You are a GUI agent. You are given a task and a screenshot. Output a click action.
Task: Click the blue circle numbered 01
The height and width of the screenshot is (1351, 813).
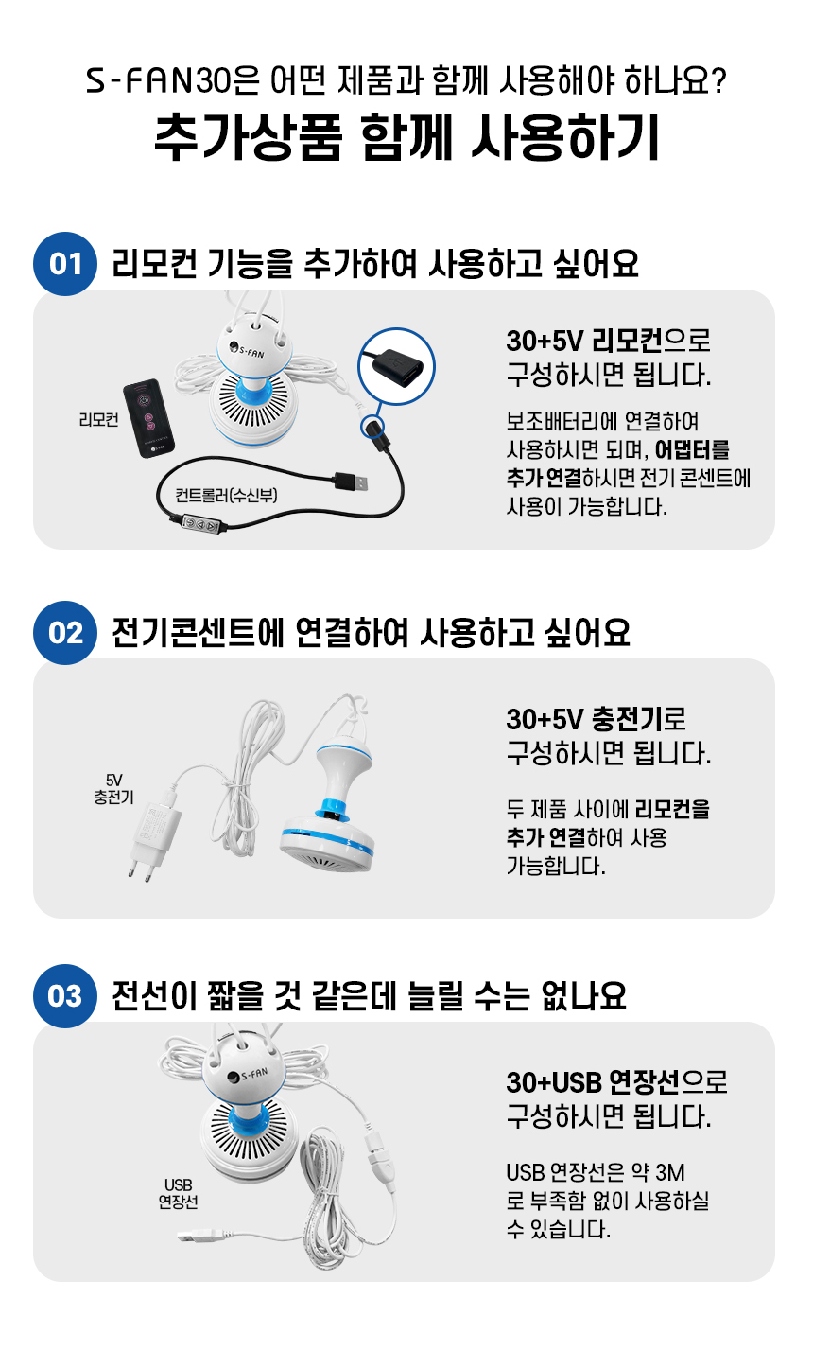pyautogui.click(x=65, y=264)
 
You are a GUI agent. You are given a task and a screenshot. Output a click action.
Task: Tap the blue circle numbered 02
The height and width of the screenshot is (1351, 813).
pyautogui.click(x=65, y=633)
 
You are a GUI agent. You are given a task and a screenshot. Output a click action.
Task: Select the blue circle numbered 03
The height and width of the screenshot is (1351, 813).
pyautogui.click(x=65, y=996)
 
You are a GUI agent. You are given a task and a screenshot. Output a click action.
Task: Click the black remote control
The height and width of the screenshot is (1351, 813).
pyautogui.click(x=148, y=418)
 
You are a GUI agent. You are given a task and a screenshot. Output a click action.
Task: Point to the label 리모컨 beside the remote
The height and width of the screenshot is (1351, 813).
pyautogui.click(x=99, y=419)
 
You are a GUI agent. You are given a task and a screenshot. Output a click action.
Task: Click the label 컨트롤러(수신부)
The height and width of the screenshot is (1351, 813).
pyautogui.click(x=226, y=495)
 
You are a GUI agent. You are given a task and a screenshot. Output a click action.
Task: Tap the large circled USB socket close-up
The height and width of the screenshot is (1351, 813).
pyautogui.click(x=396, y=366)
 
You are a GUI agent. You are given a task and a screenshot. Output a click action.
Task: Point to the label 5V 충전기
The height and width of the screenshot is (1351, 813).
pyautogui.click(x=113, y=788)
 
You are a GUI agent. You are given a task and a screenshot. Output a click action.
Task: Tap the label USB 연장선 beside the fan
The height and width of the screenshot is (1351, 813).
pyautogui.click(x=179, y=1194)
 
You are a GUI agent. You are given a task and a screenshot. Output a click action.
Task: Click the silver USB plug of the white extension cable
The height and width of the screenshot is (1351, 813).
pyautogui.click(x=194, y=1237)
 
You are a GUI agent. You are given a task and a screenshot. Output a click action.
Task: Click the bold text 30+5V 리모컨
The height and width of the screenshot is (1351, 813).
pyautogui.click(x=584, y=341)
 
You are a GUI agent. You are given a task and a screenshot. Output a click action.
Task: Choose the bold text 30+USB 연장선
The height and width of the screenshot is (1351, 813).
pyautogui.click(x=593, y=1082)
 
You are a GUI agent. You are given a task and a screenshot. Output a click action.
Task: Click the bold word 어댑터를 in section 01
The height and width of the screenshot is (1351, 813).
pyautogui.click(x=692, y=450)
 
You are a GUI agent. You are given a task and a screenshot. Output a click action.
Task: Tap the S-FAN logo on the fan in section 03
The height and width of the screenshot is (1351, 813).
pyautogui.click(x=248, y=1075)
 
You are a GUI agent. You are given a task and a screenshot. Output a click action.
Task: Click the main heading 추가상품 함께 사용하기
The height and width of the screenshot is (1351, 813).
pyautogui.click(x=406, y=137)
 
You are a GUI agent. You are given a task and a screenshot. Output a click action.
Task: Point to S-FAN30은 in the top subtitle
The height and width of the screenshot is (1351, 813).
pyautogui.click(x=173, y=80)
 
